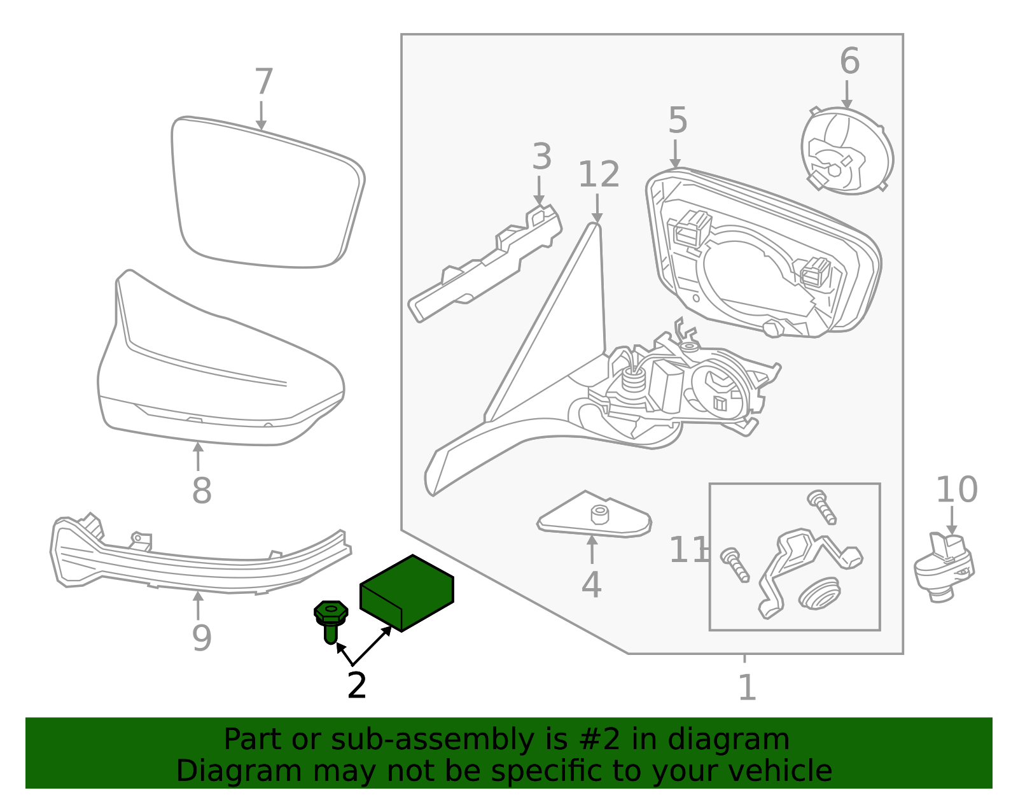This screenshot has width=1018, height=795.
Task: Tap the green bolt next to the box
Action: coord(331,621)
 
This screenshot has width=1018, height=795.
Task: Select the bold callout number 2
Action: coord(357,686)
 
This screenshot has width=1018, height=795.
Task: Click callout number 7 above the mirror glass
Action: coord(263,83)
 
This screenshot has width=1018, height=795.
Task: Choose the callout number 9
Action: coord(202,638)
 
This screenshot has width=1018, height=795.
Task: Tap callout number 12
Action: coord(598,174)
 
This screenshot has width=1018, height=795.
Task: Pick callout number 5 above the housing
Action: coord(678,120)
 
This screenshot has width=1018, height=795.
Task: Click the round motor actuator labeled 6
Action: coord(846,151)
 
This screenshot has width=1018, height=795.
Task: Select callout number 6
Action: coord(849,61)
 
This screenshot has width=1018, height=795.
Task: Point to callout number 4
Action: coord(591,585)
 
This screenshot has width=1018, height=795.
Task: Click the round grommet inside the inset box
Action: coord(819,593)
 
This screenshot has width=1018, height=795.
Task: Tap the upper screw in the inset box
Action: coord(822,507)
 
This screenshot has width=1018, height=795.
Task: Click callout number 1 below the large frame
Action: coord(747,688)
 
